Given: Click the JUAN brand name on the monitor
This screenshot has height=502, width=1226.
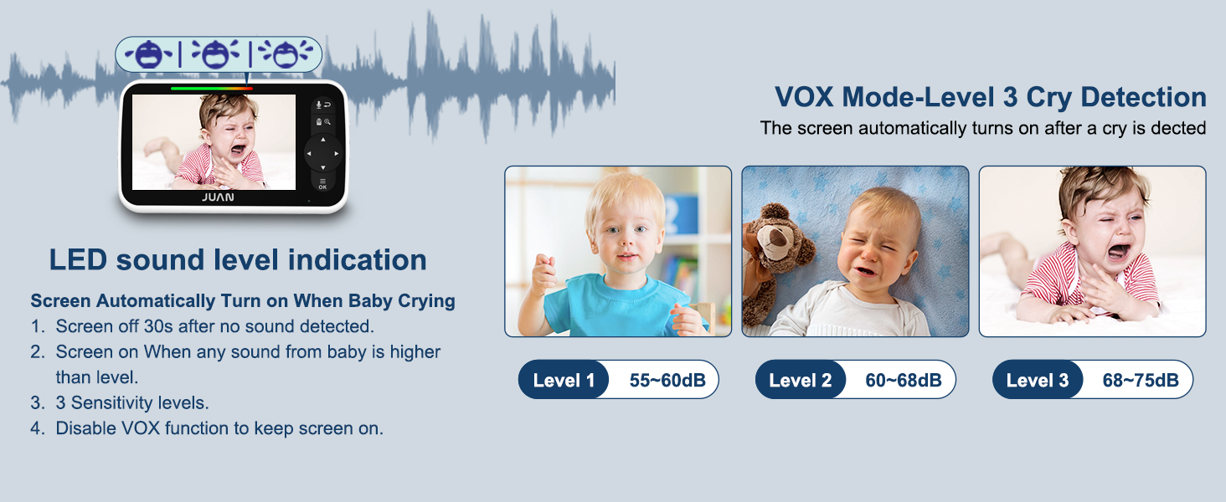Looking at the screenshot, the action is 218,197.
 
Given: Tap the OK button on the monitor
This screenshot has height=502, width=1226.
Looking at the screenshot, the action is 322,184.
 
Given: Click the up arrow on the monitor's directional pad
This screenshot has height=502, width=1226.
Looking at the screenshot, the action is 323,140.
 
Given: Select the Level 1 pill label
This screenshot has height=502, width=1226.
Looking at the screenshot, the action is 564,380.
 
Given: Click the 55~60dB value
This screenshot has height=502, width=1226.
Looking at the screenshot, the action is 667,380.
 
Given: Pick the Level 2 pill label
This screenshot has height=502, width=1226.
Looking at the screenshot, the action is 801,380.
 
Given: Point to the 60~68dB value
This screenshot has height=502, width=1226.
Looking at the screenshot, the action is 904,380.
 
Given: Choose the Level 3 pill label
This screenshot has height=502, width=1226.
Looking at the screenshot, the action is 1038,380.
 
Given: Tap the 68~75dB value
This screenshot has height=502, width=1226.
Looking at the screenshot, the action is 1141,380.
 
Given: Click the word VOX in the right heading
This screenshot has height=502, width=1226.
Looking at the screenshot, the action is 804,97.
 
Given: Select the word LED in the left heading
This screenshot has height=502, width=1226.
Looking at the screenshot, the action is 78,259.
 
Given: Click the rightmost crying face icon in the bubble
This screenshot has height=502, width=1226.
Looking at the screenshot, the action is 286,54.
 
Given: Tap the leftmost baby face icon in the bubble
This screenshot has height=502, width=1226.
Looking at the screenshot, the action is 148,54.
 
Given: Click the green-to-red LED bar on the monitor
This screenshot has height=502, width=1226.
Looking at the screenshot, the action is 211,88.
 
